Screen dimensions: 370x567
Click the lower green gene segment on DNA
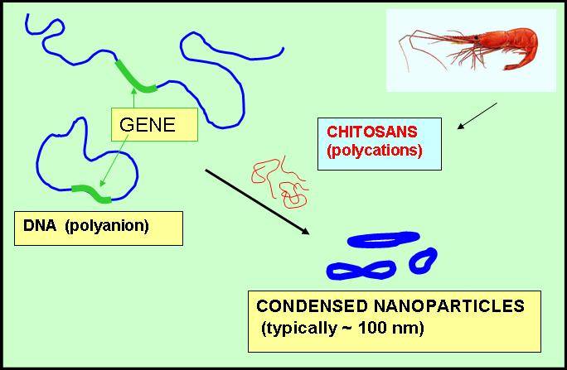tap(91, 193)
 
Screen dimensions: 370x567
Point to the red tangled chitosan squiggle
tap(279, 182)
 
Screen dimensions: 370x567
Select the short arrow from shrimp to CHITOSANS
tap(477, 116)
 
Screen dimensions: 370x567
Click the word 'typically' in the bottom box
tap(302, 328)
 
